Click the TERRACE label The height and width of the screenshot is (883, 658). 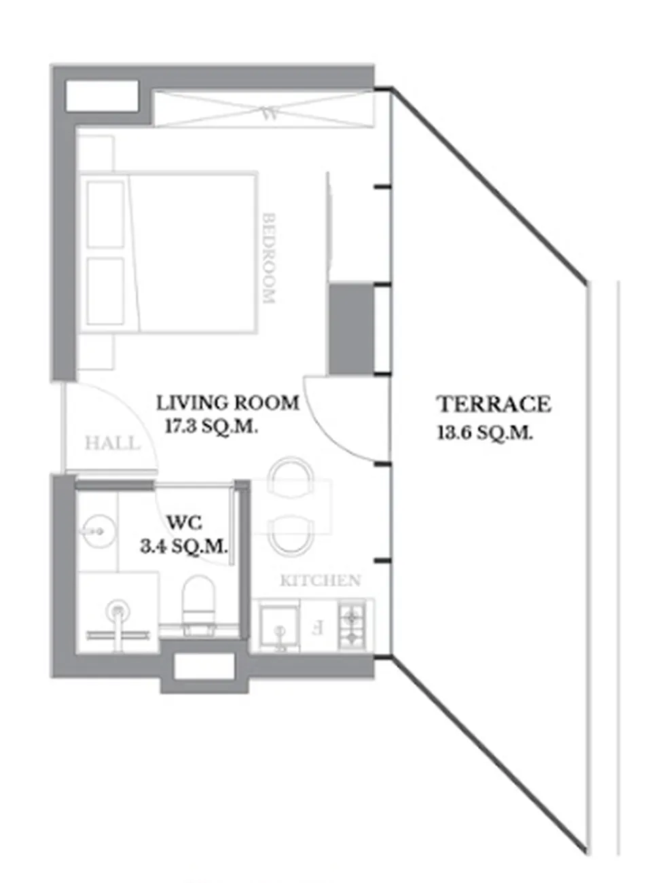(x=494, y=404)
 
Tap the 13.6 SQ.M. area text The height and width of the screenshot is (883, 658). (x=485, y=433)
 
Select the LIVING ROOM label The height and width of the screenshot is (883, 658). (x=227, y=403)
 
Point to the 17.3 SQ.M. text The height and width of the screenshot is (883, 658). (x=212, y=427)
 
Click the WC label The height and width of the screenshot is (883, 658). (x=185, y=523)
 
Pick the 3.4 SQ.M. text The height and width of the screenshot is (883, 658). (x=184, y=547)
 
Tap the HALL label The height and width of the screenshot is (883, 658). (x=113, y=444)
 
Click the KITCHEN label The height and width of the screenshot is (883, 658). (x=320, y=580)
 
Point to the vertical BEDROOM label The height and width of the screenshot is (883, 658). (x=269, y=258)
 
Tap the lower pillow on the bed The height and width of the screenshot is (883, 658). (x=105, y=291)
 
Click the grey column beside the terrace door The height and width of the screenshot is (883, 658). (x=352, y=329)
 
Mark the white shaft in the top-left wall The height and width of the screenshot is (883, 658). (x=102, y=96)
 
